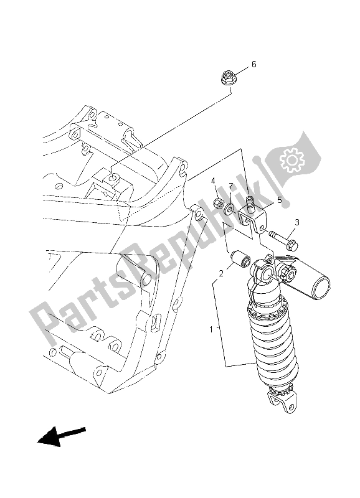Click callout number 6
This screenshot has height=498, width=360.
point(253,65)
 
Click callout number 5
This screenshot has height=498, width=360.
point(280,200)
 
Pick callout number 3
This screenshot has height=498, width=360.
point(297,222)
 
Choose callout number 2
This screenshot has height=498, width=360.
point(220,273)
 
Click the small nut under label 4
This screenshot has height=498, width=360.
point(219,202)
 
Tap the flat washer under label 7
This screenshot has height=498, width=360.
point(230,208)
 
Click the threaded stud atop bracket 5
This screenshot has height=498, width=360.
point(252,202)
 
